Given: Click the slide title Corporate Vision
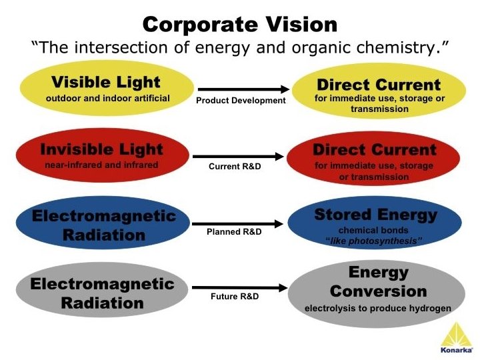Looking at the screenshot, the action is point(240,25).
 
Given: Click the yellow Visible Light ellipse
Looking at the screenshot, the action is point(107,89).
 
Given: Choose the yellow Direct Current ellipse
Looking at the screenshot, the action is point(378,91).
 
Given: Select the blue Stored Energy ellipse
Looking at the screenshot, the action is point(375,224).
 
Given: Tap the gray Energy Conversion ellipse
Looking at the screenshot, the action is point(377,291).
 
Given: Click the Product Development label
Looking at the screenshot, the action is point(240,101).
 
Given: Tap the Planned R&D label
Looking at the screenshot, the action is point(235,232).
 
